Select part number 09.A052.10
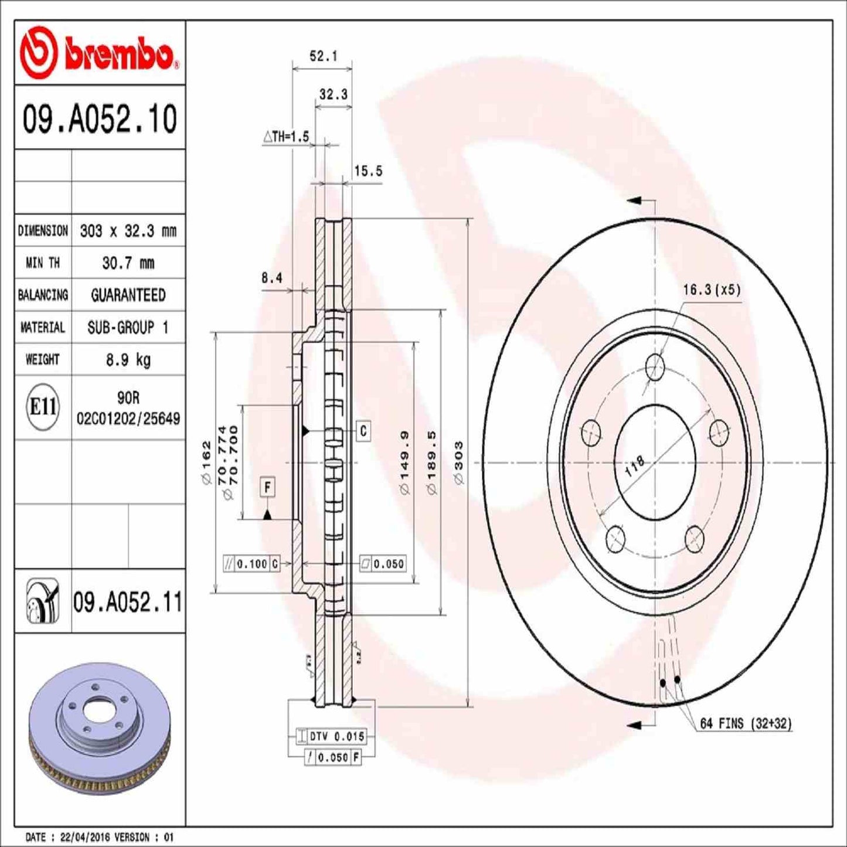coord(100,119)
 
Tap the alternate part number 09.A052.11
coord(128,602)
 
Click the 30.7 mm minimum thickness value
coord(128,263)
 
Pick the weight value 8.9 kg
coord(128,359)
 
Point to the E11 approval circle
coord(43,407)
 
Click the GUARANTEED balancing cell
coord(128,295)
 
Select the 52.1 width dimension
coord(323,56)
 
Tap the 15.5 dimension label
coord(368,171)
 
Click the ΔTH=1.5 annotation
coord(285,137)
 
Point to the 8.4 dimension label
coord(271,278)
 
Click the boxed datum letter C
coord(363,431)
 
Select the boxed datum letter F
coord(267,487)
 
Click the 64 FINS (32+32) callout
coord(745,724)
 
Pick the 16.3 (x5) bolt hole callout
coord(712,290)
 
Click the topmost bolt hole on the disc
coord(655,367)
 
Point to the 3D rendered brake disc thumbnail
coord(100,726)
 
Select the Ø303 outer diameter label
coord(459,463)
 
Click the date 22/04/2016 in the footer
coord(77,837)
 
